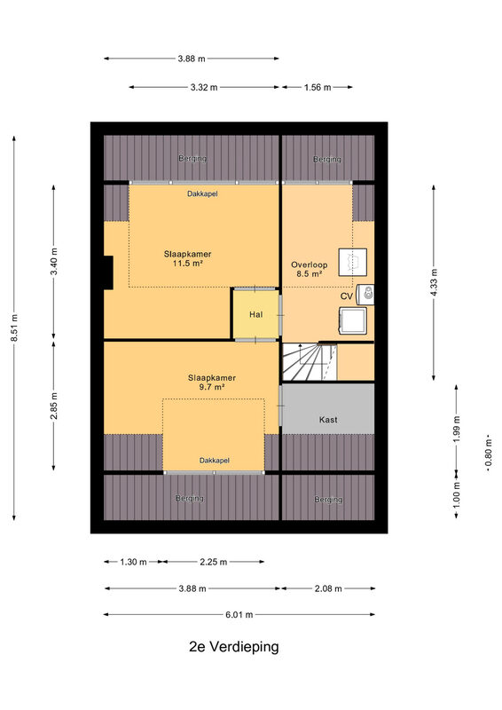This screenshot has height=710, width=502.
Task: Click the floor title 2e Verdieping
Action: click(233, 647)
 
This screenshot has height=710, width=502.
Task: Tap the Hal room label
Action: click(255, 314)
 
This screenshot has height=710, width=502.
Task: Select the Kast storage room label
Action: click(328, 420)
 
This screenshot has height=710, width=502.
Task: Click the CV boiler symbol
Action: click(365, 295)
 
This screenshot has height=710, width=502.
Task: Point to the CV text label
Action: click(347, 296)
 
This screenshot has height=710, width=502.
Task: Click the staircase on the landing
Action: click(310, 362)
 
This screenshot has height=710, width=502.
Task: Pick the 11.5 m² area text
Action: click(187, 263)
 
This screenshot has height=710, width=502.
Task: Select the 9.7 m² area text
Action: click(212, 387)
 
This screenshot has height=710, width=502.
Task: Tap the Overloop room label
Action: click(310, 264)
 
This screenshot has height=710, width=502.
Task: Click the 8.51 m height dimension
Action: click(14, 327)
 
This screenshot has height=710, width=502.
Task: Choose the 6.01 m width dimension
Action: click(239, 615)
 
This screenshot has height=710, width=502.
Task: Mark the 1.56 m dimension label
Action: click(318, 87)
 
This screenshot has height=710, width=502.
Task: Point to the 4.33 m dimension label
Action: click(434, 282)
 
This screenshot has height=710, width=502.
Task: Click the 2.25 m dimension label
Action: click(213, 562)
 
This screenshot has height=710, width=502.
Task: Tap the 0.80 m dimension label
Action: click(489, 454)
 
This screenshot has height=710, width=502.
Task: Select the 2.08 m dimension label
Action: click(328, 588)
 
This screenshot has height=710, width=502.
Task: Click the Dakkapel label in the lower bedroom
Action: click(215, 461)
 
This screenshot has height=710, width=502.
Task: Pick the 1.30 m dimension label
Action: click(133, 562)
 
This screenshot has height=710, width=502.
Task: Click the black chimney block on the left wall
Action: click(108, 272)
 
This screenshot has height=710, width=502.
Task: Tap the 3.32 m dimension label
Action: click(204, 87)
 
